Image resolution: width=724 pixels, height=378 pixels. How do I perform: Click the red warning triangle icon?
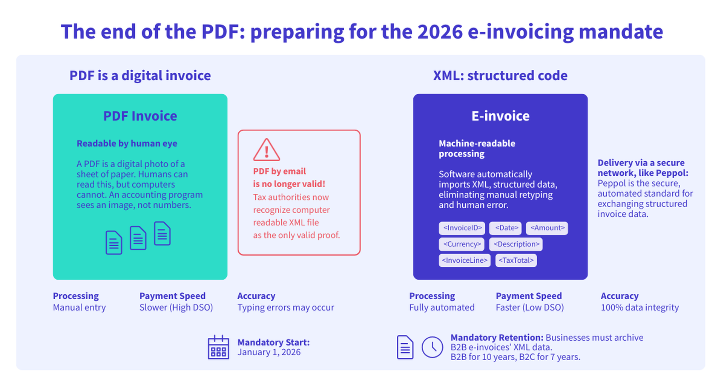pos(266,150)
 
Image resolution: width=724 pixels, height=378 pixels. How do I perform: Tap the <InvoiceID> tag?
pos(462,228)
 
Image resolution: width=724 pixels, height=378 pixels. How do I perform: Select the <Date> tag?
pos(506,228)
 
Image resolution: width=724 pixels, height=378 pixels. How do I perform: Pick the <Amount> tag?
pos(547,228)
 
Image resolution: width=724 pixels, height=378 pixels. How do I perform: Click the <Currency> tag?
pos(462,244)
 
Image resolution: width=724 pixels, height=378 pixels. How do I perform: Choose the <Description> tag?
pos(516,244)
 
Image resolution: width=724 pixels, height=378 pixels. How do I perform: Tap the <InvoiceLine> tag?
pos(465,260)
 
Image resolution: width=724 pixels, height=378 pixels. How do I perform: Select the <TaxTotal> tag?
pos(516,260)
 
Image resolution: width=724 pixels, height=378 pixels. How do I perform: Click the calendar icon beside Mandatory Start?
pos(218,347)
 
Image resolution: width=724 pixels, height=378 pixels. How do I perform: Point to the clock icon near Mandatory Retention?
pos(432,347)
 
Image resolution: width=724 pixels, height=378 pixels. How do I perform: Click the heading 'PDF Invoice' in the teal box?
pos(140,116)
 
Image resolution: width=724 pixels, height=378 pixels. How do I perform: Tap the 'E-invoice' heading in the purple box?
pos(500,116)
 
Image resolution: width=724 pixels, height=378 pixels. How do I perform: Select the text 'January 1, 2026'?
pos(269,352)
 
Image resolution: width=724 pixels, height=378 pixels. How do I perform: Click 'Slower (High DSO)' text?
pos(176,308)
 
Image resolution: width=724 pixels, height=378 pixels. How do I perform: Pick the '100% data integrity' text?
pos(640,308)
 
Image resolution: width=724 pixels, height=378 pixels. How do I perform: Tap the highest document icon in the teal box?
pos(162,233)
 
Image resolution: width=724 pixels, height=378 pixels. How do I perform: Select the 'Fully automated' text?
pos(442,308)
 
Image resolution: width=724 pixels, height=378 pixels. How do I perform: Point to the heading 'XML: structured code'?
pos(500,76)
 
